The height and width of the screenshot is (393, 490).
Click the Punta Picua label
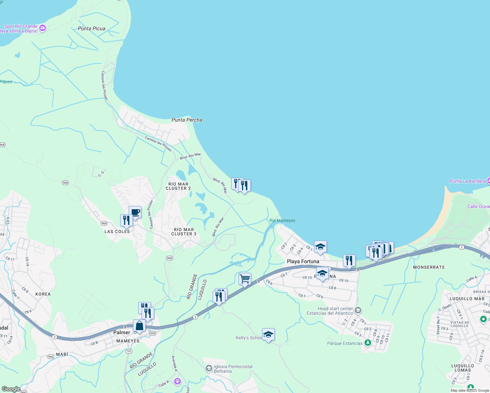point(92,29)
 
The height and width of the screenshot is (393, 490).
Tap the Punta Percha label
point(187,120)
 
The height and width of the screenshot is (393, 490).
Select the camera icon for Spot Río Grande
point(42,28)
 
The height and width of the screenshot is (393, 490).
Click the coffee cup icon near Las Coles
point(135,212)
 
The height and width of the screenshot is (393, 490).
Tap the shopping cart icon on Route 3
point(245,279)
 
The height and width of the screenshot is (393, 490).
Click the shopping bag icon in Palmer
point(139,326)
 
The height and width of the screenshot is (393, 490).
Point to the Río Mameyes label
point(282,221)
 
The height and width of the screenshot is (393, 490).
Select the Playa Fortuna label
point(303,261)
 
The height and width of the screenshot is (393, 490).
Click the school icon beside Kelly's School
point(268,334)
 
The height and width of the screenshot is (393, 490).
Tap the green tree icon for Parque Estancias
point(368,343)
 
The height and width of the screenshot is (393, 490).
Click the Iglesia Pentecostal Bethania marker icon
point(209,369)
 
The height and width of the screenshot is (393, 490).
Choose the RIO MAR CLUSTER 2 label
point(178,186)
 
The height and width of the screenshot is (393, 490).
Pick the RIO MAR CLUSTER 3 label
point(184,232)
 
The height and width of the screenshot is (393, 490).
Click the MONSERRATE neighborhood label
point(429,268)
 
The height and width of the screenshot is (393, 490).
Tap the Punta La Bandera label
point(467,181)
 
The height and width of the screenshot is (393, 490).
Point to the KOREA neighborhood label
point(43,294)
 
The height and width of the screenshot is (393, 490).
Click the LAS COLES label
point(117,232)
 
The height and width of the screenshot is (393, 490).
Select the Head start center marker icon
point(358,310)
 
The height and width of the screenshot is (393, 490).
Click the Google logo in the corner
point(11,389)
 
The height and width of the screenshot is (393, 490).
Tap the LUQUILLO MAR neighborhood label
point(467,299)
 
